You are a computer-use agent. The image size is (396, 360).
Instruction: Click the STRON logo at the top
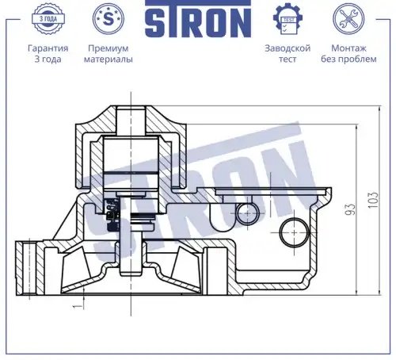click(x=198, y=19)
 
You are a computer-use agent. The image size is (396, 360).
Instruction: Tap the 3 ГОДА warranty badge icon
click(x=48, y=19)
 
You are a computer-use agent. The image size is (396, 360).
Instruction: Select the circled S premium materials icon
click(x=109, y=18)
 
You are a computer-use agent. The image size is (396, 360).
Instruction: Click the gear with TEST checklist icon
click(x=287, y=19)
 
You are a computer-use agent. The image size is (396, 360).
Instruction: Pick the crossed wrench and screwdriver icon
click(x=348, y=19)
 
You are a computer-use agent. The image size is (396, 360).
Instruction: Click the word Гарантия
click(x=48, y=48)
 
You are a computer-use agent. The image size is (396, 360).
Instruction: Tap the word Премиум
click(x=109, y=48)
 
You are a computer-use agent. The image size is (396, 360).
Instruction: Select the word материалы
click(x=109, y=59)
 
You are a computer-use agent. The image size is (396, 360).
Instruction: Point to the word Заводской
click(x=287, y=48)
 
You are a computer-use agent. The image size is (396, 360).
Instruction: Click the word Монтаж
click(x=348, y=48)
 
